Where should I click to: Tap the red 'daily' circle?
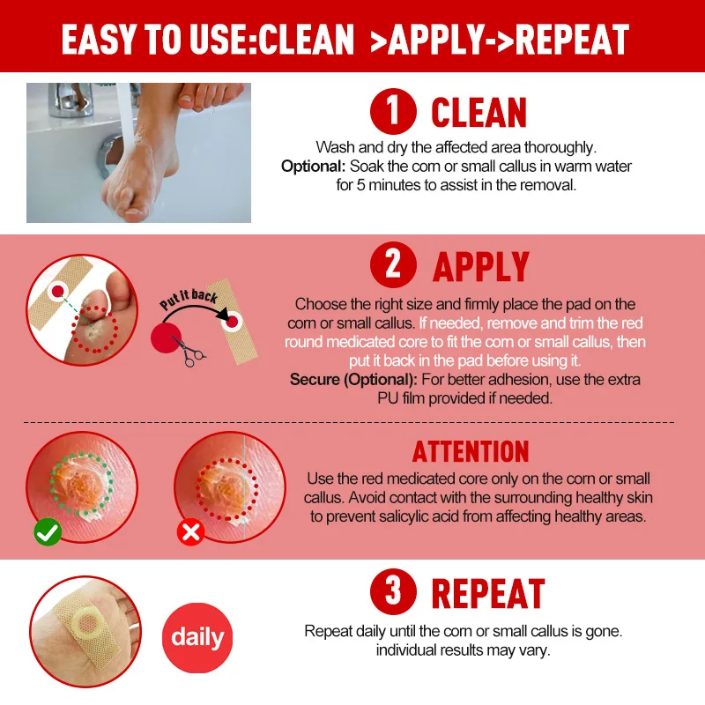pos(197,637)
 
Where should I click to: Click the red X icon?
pos(191,532)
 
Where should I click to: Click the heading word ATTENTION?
pos(471,452)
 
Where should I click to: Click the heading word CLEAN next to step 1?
pos(479,114)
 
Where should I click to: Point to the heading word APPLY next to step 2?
pos(480,266)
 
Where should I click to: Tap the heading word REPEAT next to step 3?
pos(487,594)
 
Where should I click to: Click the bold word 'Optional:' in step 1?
pos(314,166)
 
